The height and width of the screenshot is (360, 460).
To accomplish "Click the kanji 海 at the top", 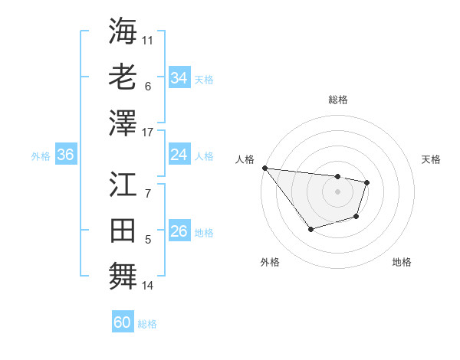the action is coord(123,31).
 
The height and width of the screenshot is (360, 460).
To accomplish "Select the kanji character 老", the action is coord(123,77).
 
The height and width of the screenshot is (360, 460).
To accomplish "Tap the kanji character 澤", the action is coord(123,122).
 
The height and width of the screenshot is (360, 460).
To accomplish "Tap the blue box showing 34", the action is coord(179,77).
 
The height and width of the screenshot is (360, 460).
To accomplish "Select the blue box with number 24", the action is coord(179,155).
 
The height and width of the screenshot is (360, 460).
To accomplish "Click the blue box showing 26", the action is coord(179,231).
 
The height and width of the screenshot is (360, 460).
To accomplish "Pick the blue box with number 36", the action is coord(65,155).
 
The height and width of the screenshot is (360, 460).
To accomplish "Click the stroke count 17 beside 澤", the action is coord(148,133).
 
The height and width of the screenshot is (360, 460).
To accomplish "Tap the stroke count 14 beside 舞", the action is coord(148,286).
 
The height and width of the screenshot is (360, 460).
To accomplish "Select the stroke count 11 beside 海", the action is coord(148,38).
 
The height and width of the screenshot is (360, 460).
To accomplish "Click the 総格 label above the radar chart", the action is coord(337,100).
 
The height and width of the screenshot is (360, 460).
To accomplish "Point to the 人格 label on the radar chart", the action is coord(245,159).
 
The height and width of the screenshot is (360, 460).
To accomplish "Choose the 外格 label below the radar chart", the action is coord(269,263).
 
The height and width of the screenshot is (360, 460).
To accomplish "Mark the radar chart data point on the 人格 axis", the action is coord(264,168).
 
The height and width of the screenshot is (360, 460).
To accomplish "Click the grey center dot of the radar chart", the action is coord(337,191).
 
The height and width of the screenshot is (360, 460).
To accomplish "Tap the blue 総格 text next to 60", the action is coord(147,324).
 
